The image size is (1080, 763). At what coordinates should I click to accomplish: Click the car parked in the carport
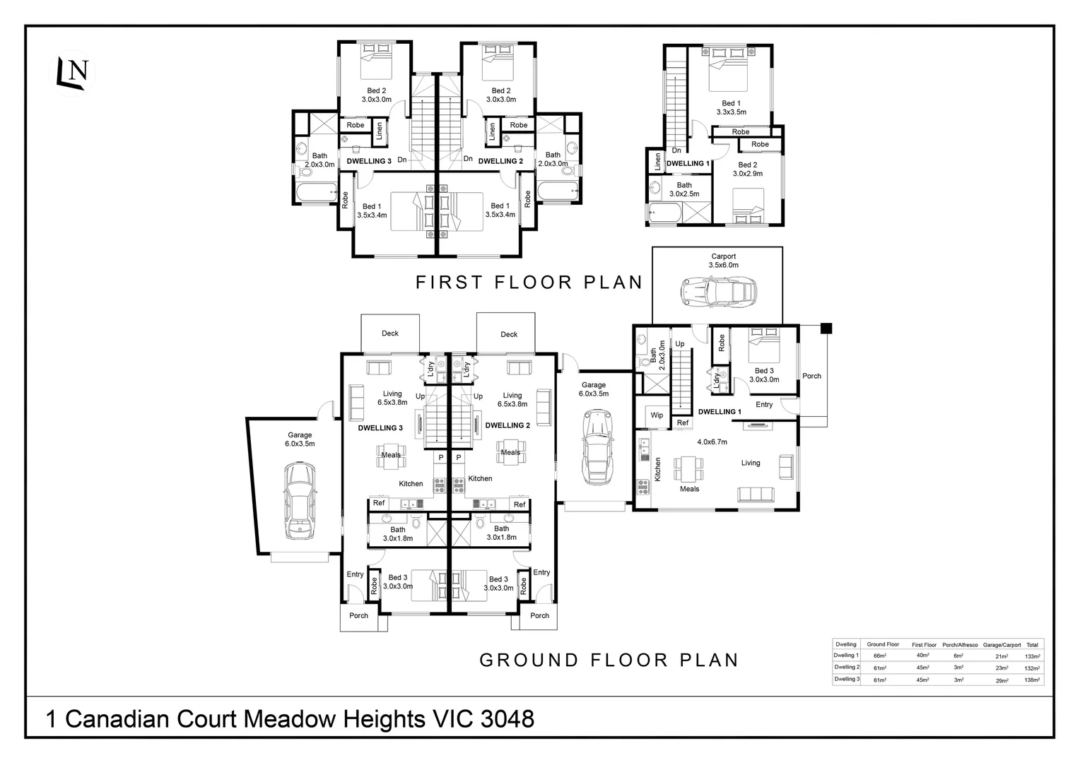point(718,291)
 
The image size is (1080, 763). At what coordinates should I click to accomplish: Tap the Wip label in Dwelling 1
point(657,415)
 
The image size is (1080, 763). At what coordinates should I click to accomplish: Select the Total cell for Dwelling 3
point(1032,680)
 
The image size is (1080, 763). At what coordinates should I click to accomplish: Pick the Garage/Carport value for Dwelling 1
point(1002,656)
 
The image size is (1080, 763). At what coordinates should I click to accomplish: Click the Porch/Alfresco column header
point(960,644)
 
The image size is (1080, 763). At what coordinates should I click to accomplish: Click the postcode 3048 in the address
point(507,719)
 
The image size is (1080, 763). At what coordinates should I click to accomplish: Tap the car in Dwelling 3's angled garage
point(300,501)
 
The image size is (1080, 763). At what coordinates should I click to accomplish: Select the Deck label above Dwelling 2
point(509,334)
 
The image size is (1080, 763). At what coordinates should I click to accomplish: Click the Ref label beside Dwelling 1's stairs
point(682,422)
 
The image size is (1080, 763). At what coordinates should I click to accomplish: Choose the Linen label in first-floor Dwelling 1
point(658,161)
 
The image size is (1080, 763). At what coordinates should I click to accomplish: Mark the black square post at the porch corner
point(826,328)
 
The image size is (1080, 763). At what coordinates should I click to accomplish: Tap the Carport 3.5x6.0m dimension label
point(723,265)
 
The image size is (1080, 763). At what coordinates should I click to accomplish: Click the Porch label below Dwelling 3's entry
point(358,615)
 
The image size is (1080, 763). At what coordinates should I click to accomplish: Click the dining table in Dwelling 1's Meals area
point(688,467)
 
